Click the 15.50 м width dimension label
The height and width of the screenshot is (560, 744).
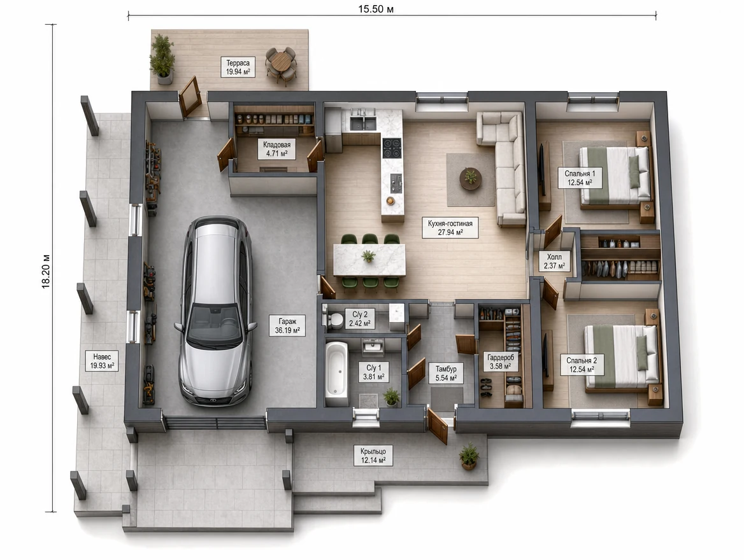point(376,9)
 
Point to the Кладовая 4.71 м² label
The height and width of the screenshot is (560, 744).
point(276,149)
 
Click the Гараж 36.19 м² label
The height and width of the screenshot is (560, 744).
point(287,326)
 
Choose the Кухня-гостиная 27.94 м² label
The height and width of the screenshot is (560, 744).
point(450,228)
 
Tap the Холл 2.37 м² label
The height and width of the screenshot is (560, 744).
point(554,262)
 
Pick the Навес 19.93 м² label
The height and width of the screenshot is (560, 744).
point(102,361)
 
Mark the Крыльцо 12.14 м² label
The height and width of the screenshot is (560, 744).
point(373,456)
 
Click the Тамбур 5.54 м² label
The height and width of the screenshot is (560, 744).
point(446,373)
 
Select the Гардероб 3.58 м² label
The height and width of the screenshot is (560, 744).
point(501,361)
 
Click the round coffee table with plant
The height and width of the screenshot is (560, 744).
point(471,179)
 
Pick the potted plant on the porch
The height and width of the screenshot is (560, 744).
point(469,456)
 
